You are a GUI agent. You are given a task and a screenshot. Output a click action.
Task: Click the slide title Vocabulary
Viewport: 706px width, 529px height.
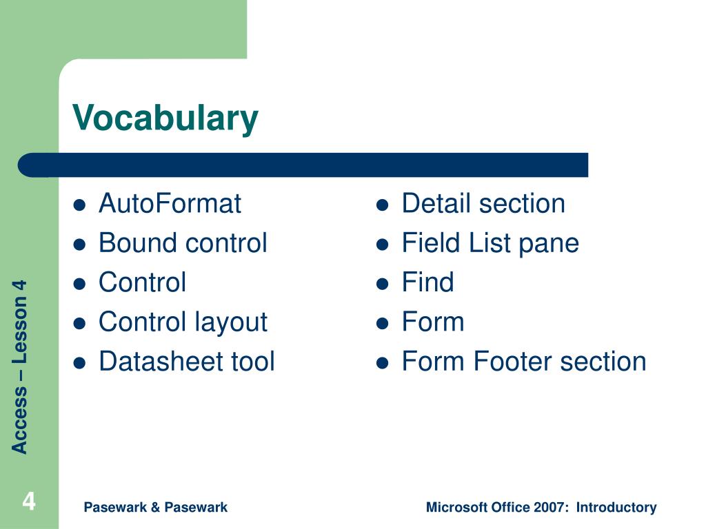point(165,118)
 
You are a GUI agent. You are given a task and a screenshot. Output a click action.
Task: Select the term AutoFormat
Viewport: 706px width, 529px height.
point(170,203)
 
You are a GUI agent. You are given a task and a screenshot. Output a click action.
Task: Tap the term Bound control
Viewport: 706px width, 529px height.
point(183,243)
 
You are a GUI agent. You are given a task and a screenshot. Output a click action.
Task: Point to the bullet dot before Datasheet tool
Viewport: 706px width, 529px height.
point(79,363)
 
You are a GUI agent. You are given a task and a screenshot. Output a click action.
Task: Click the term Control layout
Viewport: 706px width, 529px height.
point(183,323)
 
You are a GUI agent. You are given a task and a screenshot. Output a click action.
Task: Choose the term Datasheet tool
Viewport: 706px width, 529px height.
point(186,361)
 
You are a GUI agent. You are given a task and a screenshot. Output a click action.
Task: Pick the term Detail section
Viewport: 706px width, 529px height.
point(483,203)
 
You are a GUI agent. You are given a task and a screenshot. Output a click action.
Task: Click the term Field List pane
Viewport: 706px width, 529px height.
point(490,244)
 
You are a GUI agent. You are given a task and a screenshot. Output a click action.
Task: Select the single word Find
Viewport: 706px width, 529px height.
point(427,282)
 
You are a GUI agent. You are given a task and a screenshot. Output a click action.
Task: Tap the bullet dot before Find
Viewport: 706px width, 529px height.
point(382,284)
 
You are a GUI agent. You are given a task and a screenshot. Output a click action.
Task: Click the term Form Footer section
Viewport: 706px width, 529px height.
point(524,361)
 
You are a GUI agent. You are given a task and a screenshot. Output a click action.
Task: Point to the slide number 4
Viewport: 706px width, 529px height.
point(29,501)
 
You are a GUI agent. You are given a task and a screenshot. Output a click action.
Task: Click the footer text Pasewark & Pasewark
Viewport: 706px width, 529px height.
point(155,508)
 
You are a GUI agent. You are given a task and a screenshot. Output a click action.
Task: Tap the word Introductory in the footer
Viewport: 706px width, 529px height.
point(616,508)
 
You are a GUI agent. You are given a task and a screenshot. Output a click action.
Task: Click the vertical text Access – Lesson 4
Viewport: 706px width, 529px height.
point(19,366)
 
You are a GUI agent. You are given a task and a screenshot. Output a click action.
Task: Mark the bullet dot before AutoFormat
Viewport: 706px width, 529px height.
point(79,205)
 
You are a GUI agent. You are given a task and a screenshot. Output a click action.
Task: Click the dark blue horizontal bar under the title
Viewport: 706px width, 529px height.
point(303,165)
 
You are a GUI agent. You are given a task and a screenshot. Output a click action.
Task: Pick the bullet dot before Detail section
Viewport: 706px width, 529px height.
point(382,205)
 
